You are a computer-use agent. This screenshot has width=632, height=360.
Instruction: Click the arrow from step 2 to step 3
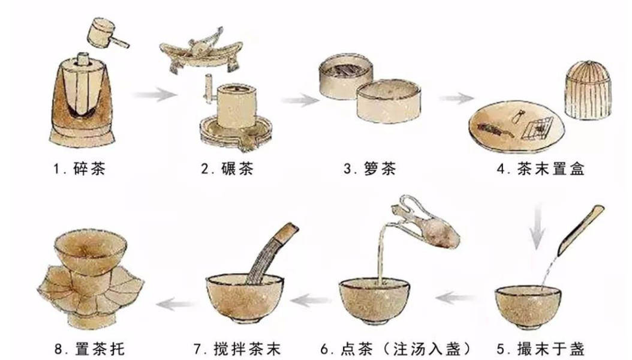tap(299, 99)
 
